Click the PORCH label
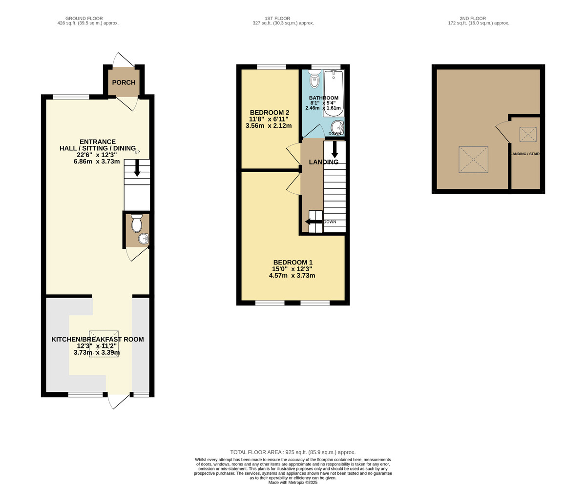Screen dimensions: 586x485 coord(124,82)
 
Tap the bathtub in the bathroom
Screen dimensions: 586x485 coord(334,93)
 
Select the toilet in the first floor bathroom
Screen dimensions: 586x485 coord(314,79)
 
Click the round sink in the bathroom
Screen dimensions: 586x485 coord(337,128)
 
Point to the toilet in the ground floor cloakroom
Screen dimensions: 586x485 coord(137,223)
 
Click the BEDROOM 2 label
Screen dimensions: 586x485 coord(270,113)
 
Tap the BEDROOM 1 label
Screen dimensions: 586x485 coord(293,263)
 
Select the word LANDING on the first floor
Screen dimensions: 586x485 coord(324,162)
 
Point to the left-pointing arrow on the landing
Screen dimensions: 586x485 coord(314,222)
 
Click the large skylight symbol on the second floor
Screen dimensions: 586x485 coord(474,160)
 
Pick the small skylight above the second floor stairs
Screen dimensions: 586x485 coord(528,134)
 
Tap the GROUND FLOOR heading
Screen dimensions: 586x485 coord(84,19)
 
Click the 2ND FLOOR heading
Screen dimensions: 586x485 coord(473,19)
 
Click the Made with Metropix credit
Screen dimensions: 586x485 coord(293,483)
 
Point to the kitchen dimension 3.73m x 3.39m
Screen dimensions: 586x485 coord(97,352)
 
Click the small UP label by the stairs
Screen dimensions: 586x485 coord(137,152)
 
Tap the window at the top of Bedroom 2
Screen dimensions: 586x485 coord(272,67)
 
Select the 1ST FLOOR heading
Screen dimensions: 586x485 coord(277,19)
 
